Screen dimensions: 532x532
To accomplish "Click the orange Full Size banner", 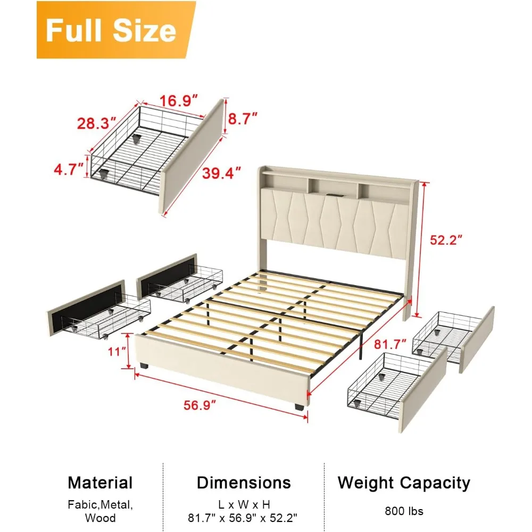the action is tap(116, 30).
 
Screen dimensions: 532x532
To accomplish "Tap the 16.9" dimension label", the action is tap(178, 101).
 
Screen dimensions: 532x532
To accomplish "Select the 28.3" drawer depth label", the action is tap(97, 123).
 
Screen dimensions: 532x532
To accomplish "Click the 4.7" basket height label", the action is tap(69, 169).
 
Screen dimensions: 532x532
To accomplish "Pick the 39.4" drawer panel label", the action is tap(221, 173).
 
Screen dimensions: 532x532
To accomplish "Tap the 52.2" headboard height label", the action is tap(446, 240).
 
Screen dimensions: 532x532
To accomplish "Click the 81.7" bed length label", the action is tap(390, 344).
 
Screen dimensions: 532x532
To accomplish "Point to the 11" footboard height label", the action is tap(117, 352).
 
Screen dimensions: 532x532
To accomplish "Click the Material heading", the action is tap(100, 483).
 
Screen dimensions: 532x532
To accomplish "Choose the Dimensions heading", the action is tap(244, 483).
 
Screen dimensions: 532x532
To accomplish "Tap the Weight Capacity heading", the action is tap(404, 483).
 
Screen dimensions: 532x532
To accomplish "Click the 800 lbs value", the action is tap(404, 511).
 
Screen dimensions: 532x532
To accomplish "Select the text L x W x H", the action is tap(244, 504).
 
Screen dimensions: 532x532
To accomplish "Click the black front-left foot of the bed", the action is tap(145, 366).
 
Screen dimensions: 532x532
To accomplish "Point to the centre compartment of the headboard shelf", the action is tap(332, 187).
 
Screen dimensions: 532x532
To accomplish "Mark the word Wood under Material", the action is tap(100, 518).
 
